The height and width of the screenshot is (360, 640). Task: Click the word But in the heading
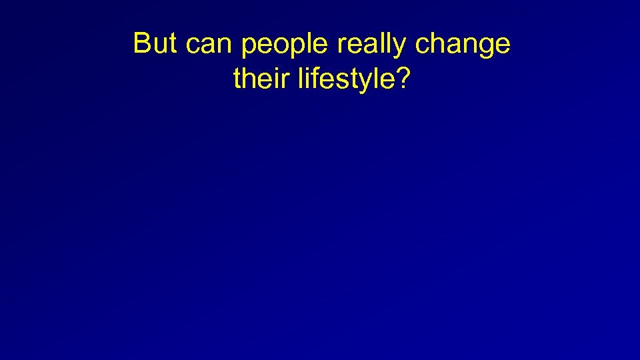pyautogui.click(x=156, y=44)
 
